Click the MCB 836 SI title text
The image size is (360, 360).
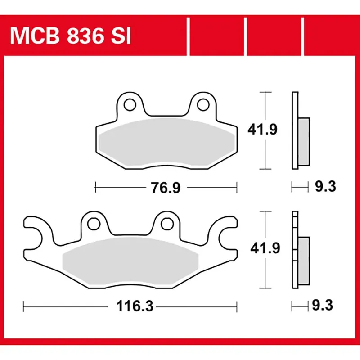[x=70, y=36]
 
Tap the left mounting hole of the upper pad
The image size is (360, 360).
[x=130, y=104]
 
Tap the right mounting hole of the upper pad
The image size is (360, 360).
[x=203, y=105]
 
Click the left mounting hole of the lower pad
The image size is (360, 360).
[x=94, y=224]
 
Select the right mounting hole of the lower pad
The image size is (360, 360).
[x=167, y=224]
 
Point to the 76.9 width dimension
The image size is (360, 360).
[x=166, y=188]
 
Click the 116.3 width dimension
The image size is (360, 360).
[x=135, y=306]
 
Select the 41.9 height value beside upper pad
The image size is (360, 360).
[x=262, y=129]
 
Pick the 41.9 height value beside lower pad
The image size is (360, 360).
[x=265, y=248]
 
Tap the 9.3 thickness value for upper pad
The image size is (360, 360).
[x=325, y=186]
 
